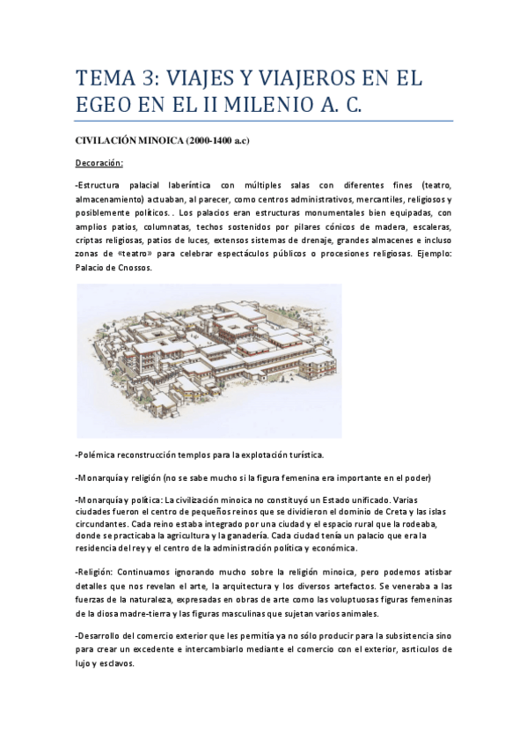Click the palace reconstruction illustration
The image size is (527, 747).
209,361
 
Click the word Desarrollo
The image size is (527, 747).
101,636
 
